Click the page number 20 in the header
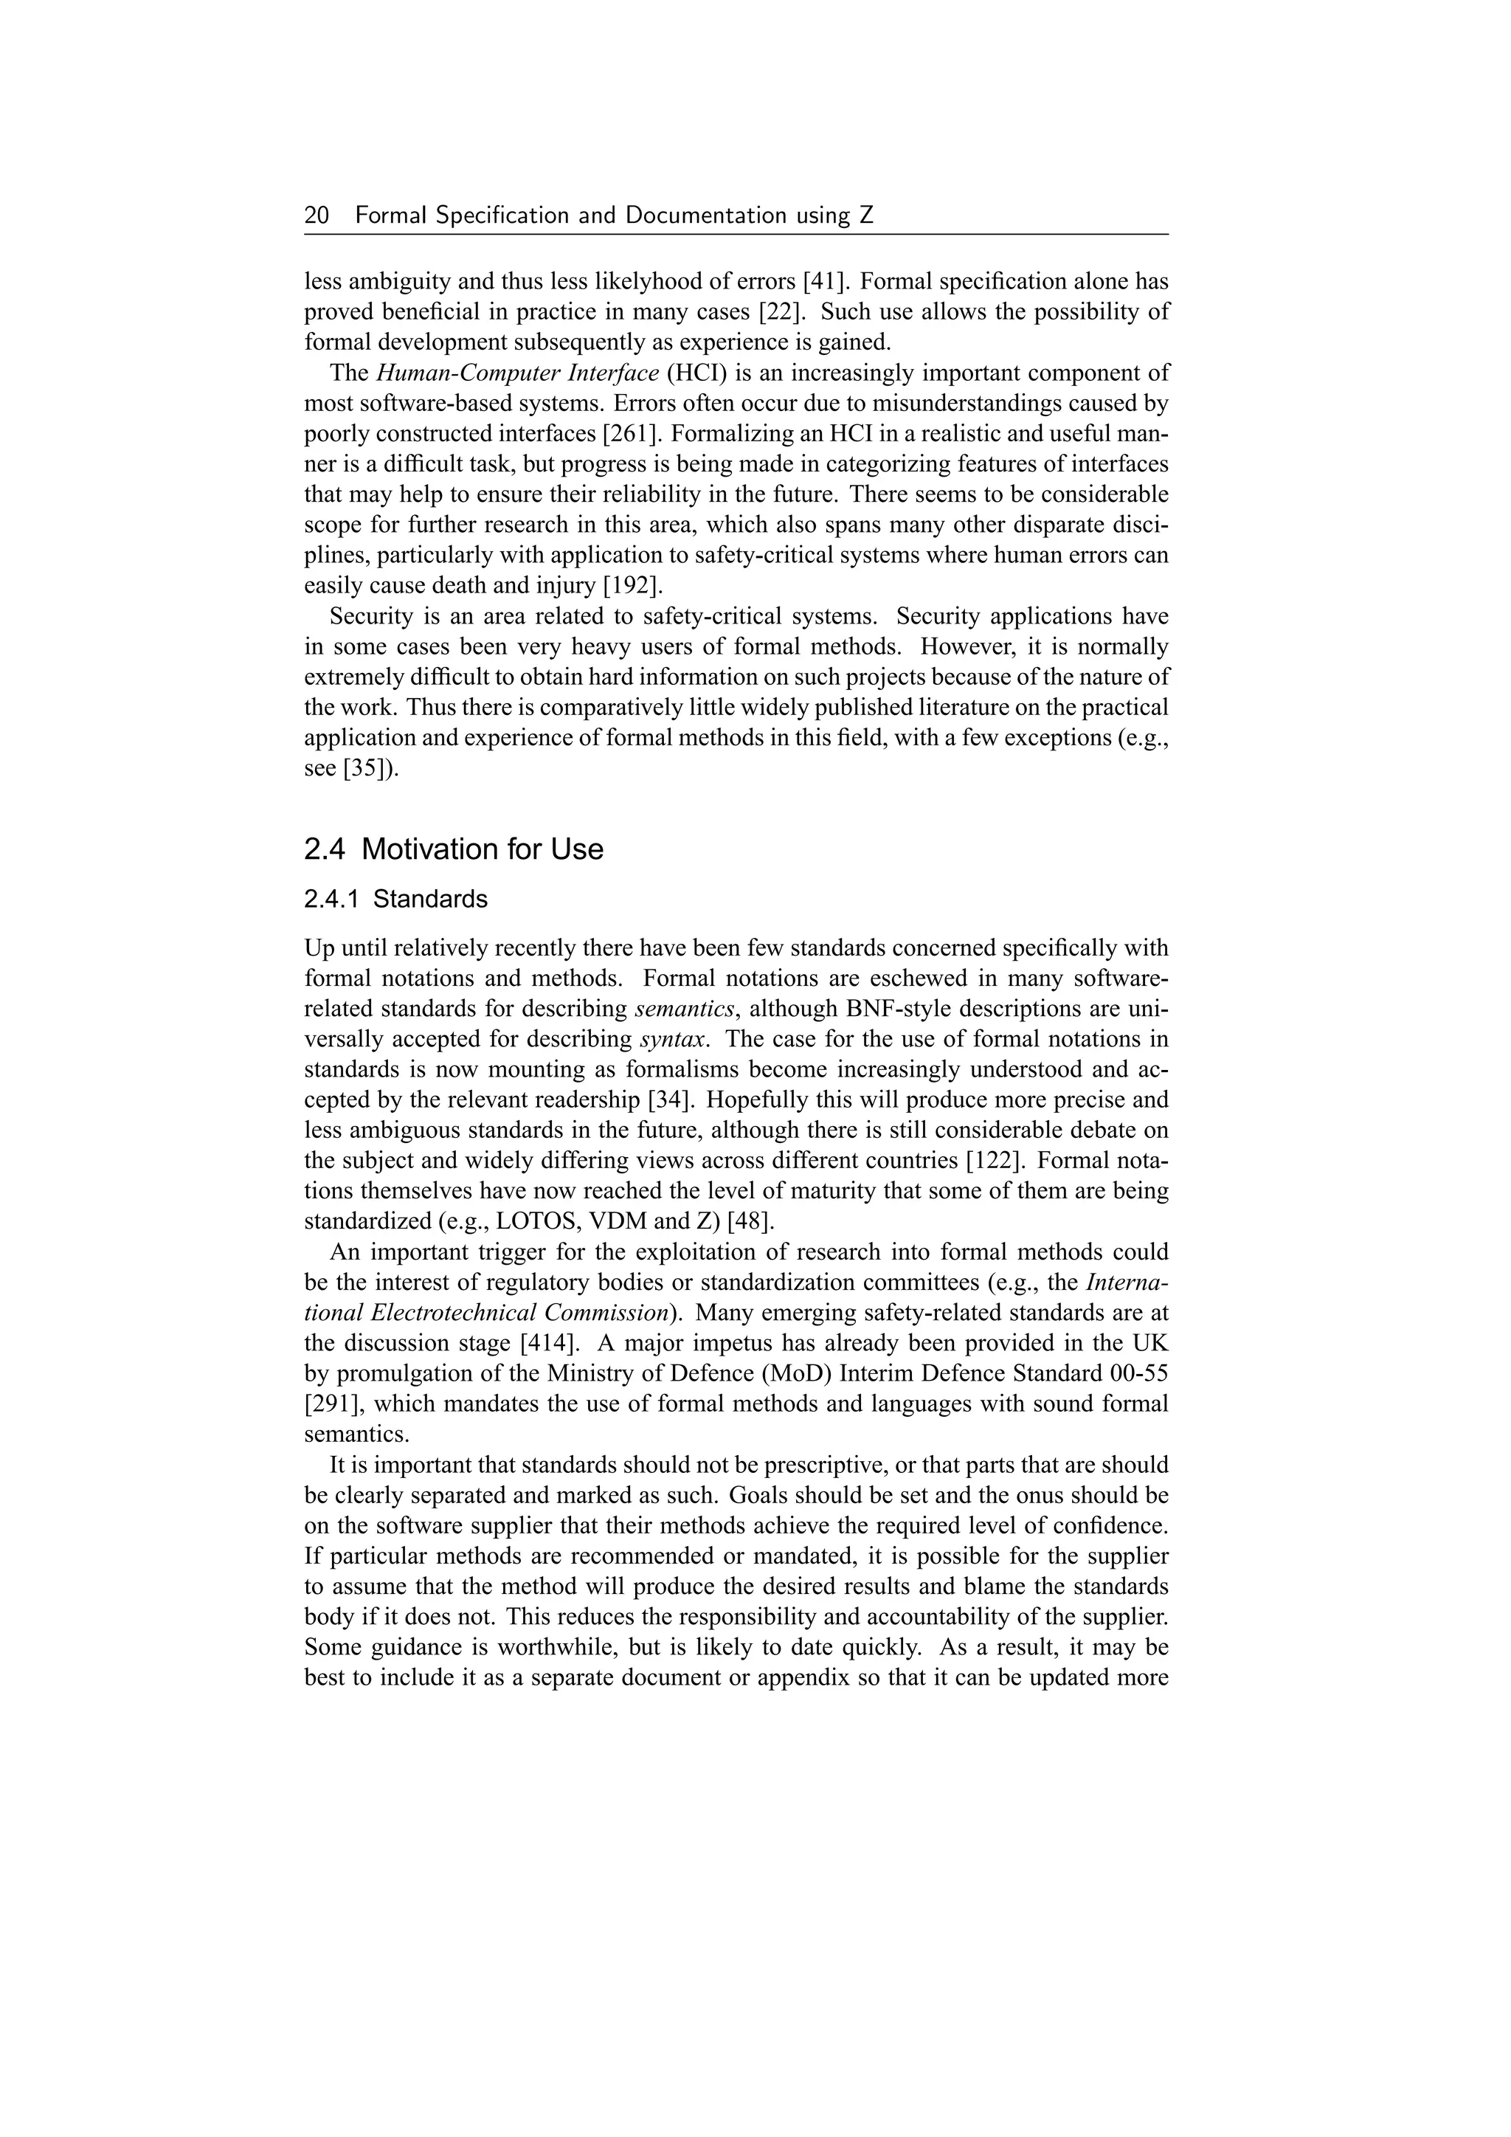317,216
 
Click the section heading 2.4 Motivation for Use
453,849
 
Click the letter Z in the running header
866,216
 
